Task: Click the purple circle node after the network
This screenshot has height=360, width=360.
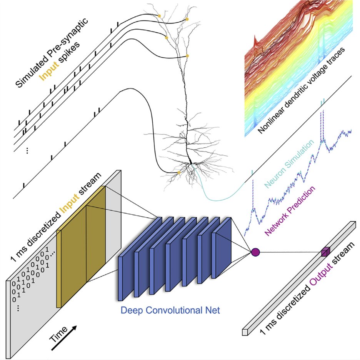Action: click(x=255, y=252)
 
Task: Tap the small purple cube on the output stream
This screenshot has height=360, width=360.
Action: click(x=325, y=252)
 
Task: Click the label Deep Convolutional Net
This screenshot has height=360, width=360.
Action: click(x=170, y=310)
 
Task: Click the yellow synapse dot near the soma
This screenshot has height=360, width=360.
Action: click(x=178, y=173)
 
